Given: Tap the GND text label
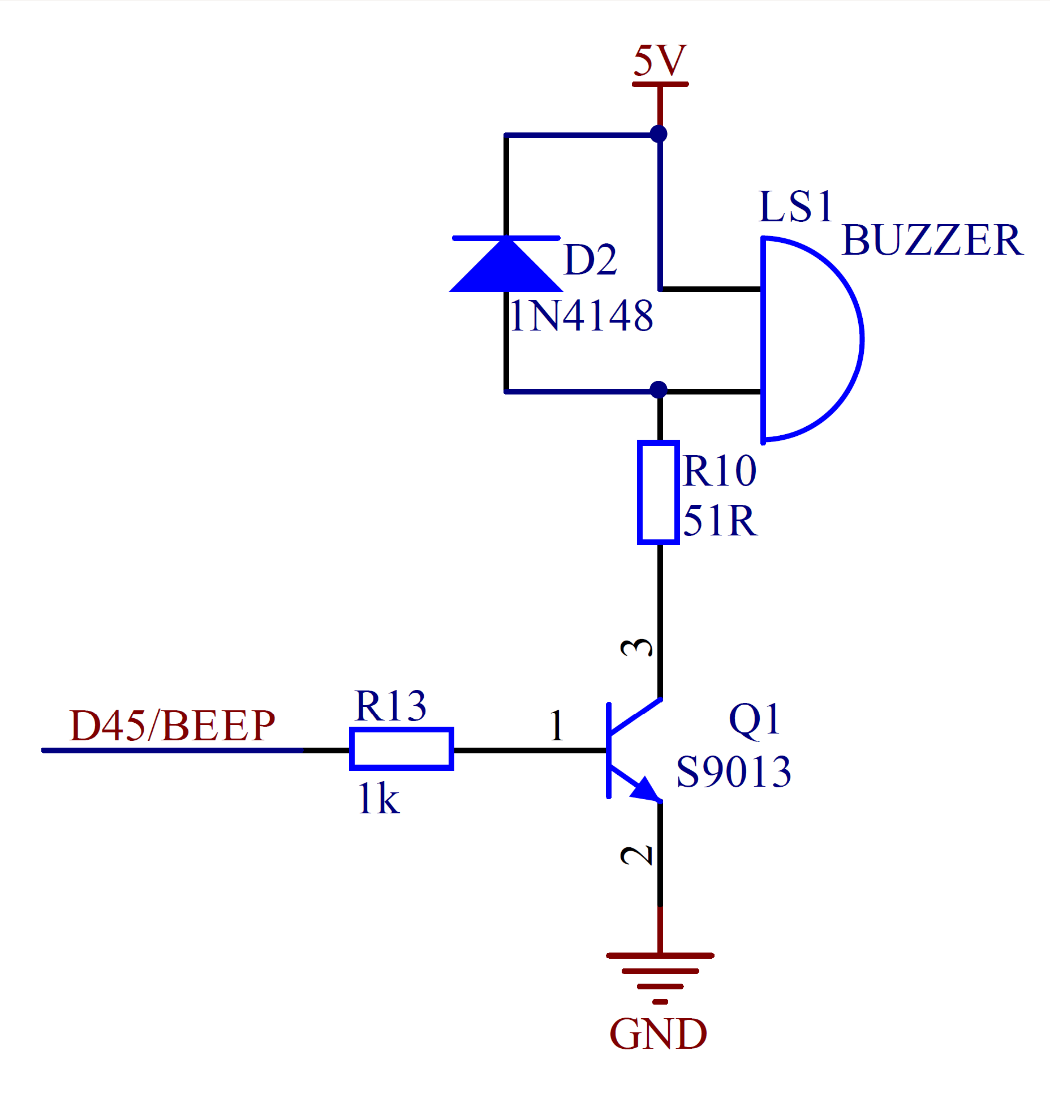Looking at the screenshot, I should click(x=658, y=1033).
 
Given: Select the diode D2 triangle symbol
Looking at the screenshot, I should click(x=506, y=265).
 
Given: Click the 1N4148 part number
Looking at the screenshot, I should click(x=581, y=316).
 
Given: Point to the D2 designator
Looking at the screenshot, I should click(x=590, y=260).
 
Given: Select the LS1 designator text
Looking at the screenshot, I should click(x=795, y=207).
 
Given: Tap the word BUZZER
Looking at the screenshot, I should click(x=932, y=241).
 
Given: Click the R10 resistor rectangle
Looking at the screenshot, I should click(x=659, y=492).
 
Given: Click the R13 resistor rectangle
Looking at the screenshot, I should click(x=402, y=749).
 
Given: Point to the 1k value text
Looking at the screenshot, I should click(x=378, y=799).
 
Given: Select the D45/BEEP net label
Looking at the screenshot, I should click(x=172, y=726).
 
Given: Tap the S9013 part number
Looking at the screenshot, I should click(x=734, y=772).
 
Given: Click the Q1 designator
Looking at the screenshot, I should click(x=755, y=719).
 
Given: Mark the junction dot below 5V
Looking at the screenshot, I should click(x=659, y=134).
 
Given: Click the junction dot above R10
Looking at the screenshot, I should click(x=659, y=389).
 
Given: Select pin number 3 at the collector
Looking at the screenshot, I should click(x=637, y=647).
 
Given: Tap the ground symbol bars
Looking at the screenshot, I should click(x=660, y=971).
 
